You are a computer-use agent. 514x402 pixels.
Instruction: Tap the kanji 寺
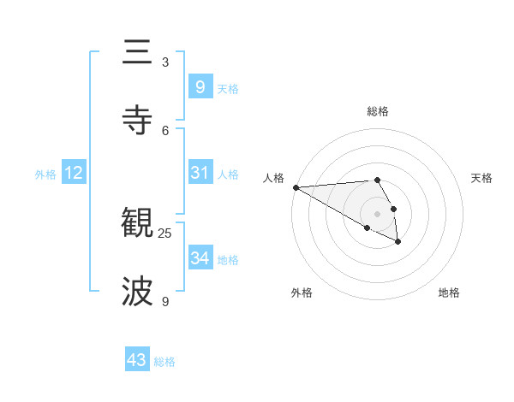point(138,120)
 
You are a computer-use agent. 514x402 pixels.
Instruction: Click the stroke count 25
point(165,233)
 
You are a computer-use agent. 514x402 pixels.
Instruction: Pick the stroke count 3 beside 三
point(165,62)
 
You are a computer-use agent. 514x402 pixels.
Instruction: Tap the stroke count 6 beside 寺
point(165,130)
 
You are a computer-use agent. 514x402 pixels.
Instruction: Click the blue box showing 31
point(200,173)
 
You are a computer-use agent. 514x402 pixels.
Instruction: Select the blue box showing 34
point(200,258)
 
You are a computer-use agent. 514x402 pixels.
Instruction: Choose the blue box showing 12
point(73,173)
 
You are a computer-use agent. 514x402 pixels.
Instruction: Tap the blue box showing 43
point(137,360)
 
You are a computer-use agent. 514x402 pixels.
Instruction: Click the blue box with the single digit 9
point(200,86)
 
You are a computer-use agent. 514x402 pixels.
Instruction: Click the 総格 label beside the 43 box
point(164,362)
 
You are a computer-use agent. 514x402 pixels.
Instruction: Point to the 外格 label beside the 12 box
point(45,174)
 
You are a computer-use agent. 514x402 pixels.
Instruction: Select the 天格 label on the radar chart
point(481,178)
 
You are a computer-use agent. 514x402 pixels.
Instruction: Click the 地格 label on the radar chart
point(449,293)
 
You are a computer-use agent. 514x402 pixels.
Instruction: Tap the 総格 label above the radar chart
point(378,111)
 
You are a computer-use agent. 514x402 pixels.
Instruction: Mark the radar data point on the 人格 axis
point(296,187)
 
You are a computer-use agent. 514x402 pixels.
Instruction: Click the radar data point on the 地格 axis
point(397,242)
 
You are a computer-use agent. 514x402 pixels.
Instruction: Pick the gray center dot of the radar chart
point(378,214)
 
